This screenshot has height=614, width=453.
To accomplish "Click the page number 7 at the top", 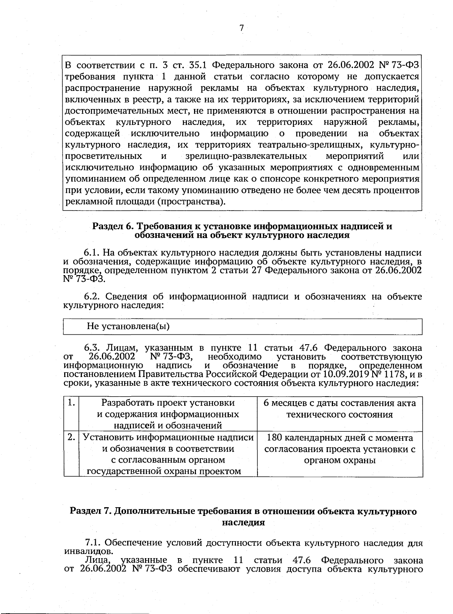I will point(242,28).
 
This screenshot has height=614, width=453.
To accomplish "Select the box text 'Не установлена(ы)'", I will point(128,326).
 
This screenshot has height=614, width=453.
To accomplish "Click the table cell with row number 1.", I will point(71,403).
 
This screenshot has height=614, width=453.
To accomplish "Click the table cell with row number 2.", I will point(71,437).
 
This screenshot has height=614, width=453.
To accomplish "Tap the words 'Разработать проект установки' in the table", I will point(168,403).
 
